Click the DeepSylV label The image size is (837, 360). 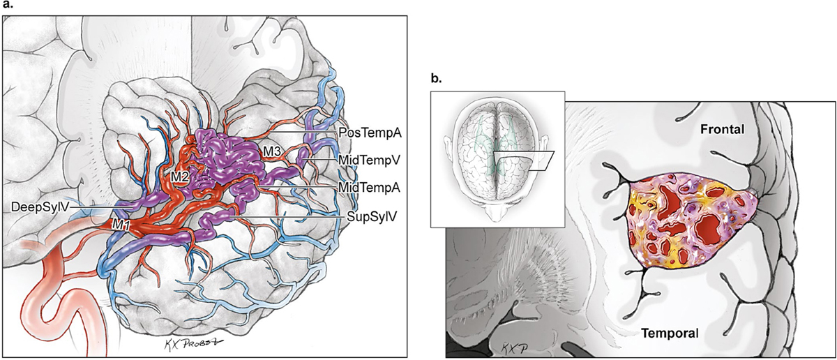tap(39, 207)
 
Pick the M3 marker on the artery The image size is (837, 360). tap(273, 151)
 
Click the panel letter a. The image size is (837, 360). tap(7, 6)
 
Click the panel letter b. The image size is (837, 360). tap(435, 80)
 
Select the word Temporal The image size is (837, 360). tap(668, 333)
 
